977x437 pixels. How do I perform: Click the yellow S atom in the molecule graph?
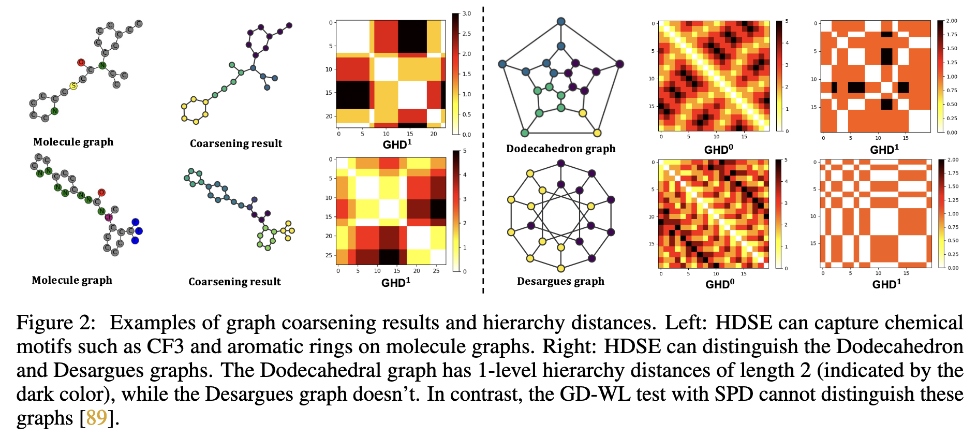point(73,86)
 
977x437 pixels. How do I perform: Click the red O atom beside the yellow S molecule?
point(81,62)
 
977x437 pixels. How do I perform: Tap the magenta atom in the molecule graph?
point(109,217)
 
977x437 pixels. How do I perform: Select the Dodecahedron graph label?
point(560,149)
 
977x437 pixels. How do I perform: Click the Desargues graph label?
point(560,281)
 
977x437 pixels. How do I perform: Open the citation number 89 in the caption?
point(96,418)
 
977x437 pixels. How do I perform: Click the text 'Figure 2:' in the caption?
point(56,323)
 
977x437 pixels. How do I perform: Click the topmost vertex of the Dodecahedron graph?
point(561,22)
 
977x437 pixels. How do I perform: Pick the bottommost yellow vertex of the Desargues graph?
point(561,268)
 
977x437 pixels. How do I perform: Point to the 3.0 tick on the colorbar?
point(466,14)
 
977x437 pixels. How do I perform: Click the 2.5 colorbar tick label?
point(466,34)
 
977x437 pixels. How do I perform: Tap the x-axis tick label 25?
point(436,271)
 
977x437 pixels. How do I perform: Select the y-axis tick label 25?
point(329,255)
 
